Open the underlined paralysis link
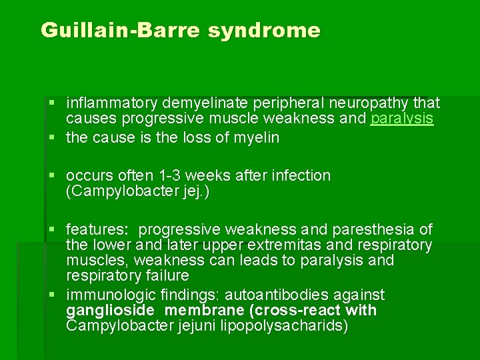click(x=402, y=119)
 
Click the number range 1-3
click(x=169, y=176)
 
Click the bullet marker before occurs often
click(x=53, y=176)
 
